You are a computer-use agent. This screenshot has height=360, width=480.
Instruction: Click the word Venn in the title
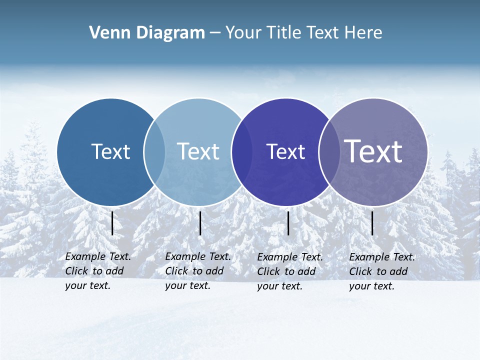pyautogui.click(x=106, y=33)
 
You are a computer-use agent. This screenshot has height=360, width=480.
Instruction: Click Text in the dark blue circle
pyautogui.click(x=110, y=151)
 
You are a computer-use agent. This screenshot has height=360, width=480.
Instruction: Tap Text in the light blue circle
pyautogui.click(x=198, y=151)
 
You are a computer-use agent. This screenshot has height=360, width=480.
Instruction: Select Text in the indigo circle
pyautogui.click(x=285, y=151)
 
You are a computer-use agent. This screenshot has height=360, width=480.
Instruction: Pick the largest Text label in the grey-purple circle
pyautogui.click(x=373, y=151)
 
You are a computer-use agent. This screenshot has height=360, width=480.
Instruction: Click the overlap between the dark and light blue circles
pyautogui.click(x=154, y=151)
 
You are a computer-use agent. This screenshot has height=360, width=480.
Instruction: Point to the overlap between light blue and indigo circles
pyautogui.click(x=242, y=151)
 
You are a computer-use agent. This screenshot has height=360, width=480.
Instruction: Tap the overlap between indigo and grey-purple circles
pyautogui.click(x=329, y=151)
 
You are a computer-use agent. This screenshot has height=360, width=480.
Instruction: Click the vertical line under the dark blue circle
pyautogui.click(x=112, y=223)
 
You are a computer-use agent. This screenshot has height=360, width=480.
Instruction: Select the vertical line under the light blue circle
pyautogui.click(x=200, y=223)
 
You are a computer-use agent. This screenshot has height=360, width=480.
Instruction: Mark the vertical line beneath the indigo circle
pyautogui.click(x=288, y=223)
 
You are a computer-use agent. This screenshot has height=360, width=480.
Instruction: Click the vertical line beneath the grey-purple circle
pyautogui.click(x=372, y=223)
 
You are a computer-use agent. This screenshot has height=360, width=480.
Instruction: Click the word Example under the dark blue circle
pyautogui.click(x=86, y=256)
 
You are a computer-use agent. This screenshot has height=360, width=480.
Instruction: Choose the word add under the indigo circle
pyautogui.click(x=306, y=271)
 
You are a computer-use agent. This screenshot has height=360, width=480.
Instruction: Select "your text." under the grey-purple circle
pyautogui.click(x=371, y=286)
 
